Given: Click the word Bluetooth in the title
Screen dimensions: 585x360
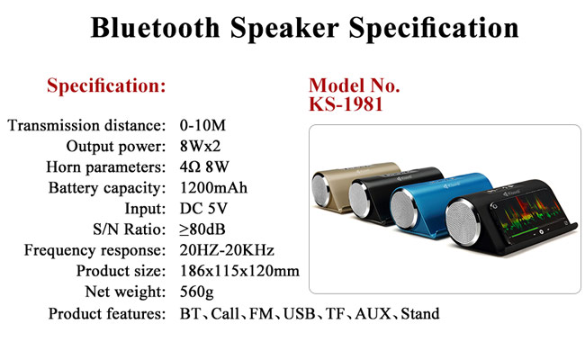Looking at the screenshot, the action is [x=155, y=27].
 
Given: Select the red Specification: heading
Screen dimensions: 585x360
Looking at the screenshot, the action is [x=106, y=85].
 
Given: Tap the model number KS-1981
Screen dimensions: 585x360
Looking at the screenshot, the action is [x=346, y=104].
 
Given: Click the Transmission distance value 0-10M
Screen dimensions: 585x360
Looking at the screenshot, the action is [x=202, y=125].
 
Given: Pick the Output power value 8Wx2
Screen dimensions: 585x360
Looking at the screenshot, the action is [x=200, y=146].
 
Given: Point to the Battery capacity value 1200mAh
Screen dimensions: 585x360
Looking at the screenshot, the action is [x=213, y=187].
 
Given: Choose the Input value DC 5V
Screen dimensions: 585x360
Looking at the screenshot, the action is [x=203, y=209].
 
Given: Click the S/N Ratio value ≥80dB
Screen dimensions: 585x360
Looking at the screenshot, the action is [x=202, y=229].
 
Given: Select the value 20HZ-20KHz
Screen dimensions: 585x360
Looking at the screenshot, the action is [x=227, y=250].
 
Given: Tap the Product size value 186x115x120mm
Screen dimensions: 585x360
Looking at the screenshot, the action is [x=239, y=271].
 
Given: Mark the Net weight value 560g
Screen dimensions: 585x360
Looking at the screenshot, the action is [x=196, y=292].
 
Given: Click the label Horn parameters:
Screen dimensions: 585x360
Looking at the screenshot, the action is [x=105, y=167].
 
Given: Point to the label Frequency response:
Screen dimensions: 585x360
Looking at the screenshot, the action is [x=94, y=250].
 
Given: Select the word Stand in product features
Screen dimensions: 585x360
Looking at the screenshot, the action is [x=420, y=314].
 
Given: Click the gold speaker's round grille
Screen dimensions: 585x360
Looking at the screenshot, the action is [x=321, y=189].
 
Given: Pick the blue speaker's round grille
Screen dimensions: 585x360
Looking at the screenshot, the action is [x=404, y=209].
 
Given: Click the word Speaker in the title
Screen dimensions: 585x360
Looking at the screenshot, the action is [x=284, y=28].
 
